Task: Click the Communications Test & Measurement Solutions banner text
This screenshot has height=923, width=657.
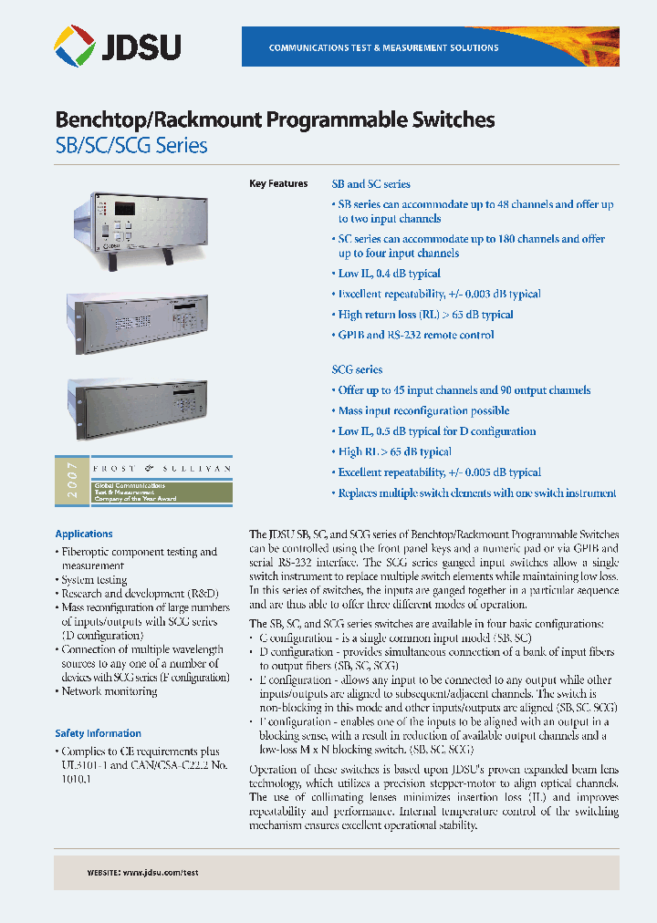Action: point(383,47)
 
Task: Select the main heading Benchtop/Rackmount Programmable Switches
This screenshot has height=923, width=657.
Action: point(275,119)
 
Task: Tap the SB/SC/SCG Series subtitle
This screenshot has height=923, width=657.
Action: point(131,145)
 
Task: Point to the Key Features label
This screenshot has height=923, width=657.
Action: point(278,184)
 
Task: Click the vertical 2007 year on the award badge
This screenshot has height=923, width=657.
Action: point(72,482)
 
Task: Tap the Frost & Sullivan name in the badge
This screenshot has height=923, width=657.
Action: point(161,467)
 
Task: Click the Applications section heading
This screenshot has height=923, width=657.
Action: point(84,534)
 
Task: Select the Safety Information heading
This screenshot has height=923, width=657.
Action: point(98,733)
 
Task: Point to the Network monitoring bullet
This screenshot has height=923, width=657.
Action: point(109,691)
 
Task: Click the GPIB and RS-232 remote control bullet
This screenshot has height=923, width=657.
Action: point(416,335)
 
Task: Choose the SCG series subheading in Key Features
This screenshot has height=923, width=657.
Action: point(357,369)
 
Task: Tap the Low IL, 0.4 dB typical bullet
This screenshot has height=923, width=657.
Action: point(389,274)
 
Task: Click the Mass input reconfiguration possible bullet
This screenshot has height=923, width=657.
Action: point(423,410)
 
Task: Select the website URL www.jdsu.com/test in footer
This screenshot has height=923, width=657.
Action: point(160,873)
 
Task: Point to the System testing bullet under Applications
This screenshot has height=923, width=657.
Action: point(94,580)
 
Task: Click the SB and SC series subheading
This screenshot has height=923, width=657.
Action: point(370,184)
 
